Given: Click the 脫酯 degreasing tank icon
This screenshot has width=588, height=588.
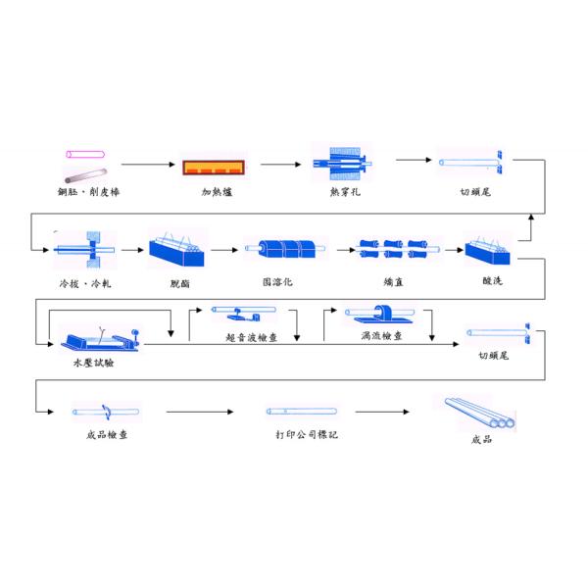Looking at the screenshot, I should coord(176,250).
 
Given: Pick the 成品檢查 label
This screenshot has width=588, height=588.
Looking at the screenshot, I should coord(106,433).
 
